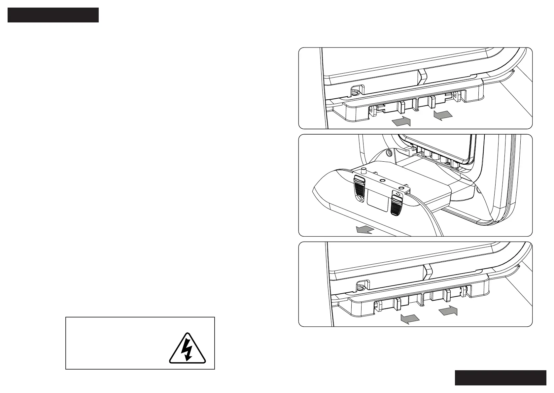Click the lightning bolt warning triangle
click(187, 349)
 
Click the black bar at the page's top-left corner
click(53, 15)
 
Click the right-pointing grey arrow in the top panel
click(401, 121)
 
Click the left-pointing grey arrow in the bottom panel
click(410, 319)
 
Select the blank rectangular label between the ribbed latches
click(378, 202)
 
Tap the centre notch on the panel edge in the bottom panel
click(427, 270)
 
